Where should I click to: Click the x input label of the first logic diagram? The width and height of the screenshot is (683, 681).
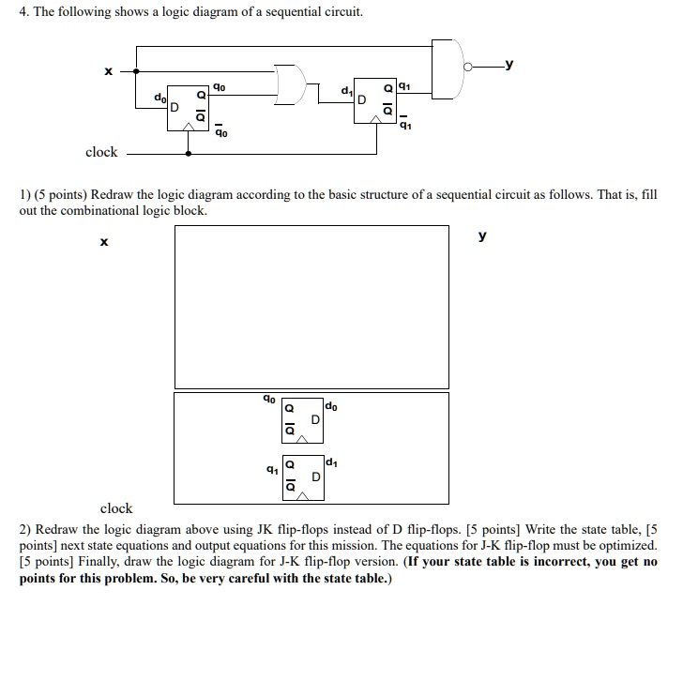coord(109,71)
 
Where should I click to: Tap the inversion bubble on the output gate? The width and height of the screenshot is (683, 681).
coord(478,67)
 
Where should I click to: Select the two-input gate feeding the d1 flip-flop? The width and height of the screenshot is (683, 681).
coord(294,84)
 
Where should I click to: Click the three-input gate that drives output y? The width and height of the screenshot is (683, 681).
coord(449,68)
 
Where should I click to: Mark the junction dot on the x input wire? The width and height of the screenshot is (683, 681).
coord(138,70)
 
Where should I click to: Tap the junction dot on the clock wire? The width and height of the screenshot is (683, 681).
coord(190,151)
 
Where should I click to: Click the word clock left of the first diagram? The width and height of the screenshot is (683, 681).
coord(101,152)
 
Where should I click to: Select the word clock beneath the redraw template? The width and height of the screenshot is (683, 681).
coord(116,508)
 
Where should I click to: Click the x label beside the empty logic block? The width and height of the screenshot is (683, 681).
coord(104,243)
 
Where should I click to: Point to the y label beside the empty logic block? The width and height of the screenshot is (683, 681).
coord(482,235)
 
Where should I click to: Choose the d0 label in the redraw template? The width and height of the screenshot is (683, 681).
coord(333,405)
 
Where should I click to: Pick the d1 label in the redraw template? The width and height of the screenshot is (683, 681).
coord(333,461)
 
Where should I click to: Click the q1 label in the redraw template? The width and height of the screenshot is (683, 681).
coord(271,467)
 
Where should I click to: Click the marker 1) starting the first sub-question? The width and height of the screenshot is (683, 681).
coord(25,194)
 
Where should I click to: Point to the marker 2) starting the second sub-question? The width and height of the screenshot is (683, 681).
coord(25,529)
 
